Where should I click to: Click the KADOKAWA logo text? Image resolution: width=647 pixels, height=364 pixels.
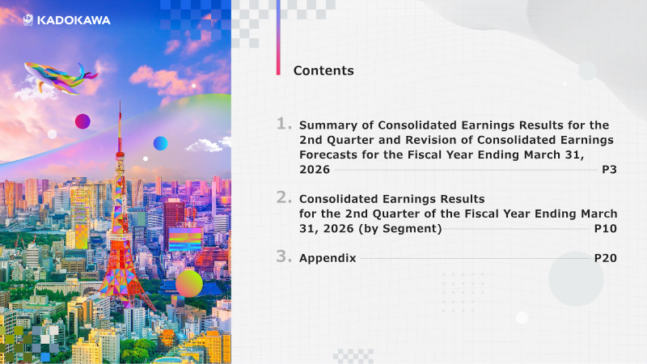coord(74,20)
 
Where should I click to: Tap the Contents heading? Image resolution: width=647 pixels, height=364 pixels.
coord(323,70)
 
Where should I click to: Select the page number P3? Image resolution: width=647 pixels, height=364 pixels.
coord(609,170)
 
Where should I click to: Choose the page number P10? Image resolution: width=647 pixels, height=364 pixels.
coord(605,229)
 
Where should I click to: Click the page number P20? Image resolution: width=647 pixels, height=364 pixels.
coord(605,258)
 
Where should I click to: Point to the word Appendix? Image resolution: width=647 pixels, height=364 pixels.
coord(328,258)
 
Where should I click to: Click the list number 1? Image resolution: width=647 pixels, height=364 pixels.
coord(284,124)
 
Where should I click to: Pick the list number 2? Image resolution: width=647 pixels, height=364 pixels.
coord(284,197)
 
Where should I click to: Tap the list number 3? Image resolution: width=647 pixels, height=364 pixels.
coord(284,256)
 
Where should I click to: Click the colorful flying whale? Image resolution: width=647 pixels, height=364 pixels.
coord(61,78)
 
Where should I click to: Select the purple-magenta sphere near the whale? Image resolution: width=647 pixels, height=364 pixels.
coord(82,121)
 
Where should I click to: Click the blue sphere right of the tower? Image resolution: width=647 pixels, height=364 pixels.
coord(160,143)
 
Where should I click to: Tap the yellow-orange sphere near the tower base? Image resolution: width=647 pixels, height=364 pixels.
coord(189,284)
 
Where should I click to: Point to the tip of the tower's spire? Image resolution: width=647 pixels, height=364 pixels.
coord(120,100)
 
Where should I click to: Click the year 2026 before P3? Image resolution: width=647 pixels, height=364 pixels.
coord(315,170)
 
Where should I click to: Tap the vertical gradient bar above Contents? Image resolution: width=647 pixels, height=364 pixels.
coord(278,37)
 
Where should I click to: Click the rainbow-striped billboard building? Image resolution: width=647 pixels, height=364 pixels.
coord(185,239)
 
